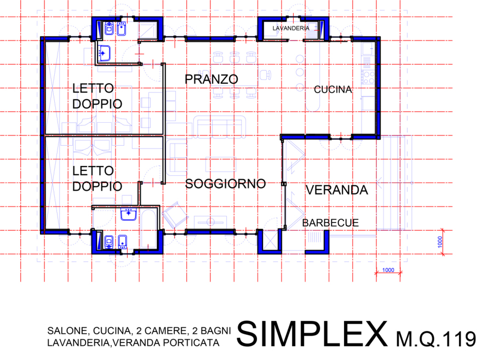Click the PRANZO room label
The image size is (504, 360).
[211, 79]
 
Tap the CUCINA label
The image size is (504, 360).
[333, 89]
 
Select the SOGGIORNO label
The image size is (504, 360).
[225, 184]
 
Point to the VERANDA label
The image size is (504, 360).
[336, 190]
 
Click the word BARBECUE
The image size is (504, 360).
[330, 223]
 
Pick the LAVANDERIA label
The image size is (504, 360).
[291, 28]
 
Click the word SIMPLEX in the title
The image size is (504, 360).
[312, 334]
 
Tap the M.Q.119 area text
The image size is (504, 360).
[436, 339]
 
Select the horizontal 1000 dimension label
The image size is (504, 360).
[388, 270]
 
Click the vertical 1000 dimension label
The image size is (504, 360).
[440, 242]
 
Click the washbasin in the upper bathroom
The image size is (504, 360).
[104, 53]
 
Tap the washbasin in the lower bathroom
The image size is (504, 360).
[129, 214]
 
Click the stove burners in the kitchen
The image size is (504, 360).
[368, 77]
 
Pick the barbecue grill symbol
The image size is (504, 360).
[314, 238]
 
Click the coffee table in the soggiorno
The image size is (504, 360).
[220, 164]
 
